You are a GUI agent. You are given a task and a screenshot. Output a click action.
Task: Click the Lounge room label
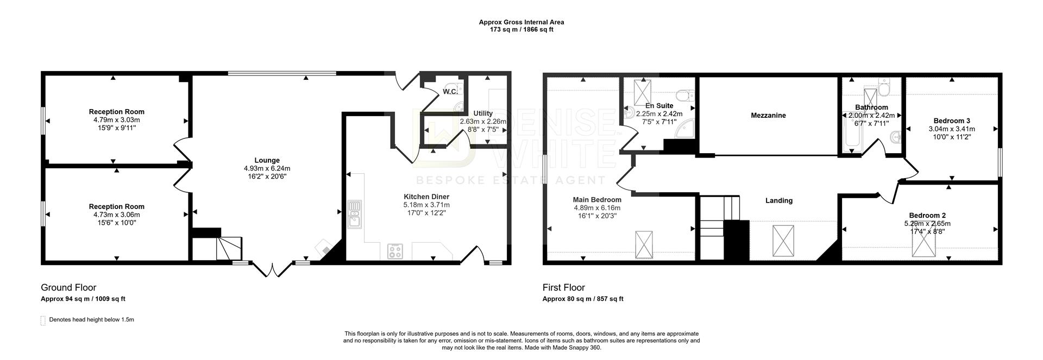coord(267,160)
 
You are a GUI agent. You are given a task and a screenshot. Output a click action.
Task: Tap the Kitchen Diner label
coord(426,197)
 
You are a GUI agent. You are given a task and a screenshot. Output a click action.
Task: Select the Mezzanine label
coord(768,116)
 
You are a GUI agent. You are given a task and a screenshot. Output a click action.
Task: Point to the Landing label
coord(778,200)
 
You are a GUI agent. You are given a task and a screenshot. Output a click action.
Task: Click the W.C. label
coord(449,92)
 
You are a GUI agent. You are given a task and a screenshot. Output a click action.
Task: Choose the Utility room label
coord(482,113)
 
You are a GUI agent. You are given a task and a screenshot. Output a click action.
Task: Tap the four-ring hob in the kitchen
coord(395,251)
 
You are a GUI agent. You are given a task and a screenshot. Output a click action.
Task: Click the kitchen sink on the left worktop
coord(355,214)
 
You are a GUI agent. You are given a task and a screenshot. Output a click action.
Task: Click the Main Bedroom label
coord(596,200)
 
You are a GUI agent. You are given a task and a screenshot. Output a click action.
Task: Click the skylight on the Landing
coord(783,239)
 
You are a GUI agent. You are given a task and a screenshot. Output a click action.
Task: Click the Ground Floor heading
coord(68,288)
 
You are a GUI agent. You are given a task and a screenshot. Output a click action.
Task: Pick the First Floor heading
coord(563,288)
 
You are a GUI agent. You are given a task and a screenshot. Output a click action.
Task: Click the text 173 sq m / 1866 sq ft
coord(521,30)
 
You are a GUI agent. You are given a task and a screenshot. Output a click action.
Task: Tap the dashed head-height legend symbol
coord(43,320)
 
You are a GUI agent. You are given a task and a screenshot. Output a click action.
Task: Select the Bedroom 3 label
coord(951,121)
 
